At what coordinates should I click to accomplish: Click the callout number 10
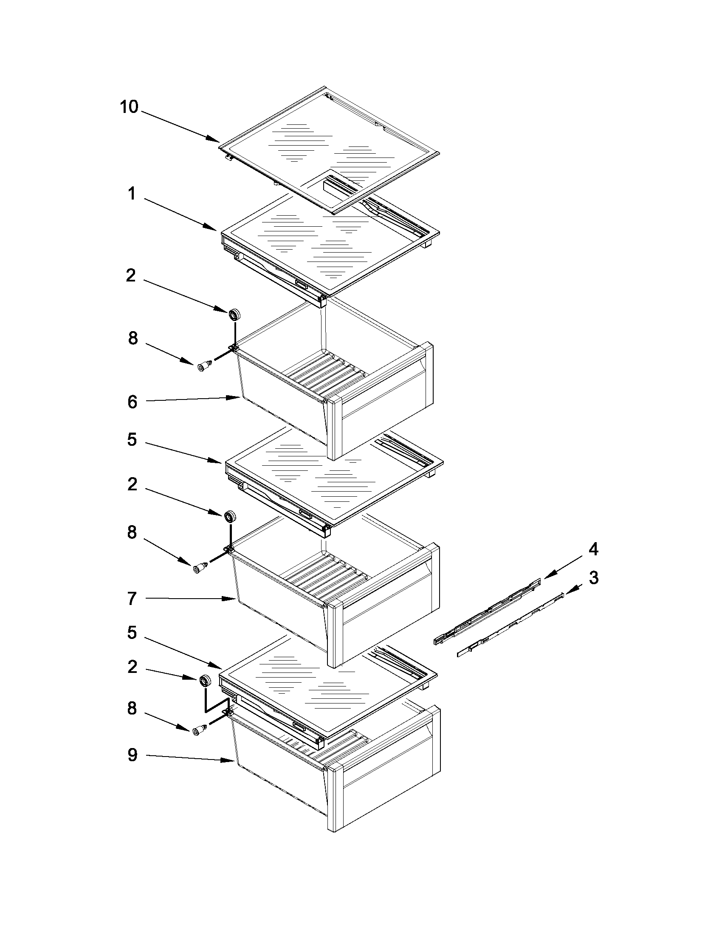point(129,107)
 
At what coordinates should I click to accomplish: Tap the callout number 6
point(133,402)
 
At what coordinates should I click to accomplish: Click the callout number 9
point(133,755)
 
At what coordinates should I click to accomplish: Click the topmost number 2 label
point(131,276)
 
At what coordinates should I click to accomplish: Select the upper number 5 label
point(132,439)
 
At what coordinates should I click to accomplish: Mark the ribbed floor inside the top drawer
point(325,368)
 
